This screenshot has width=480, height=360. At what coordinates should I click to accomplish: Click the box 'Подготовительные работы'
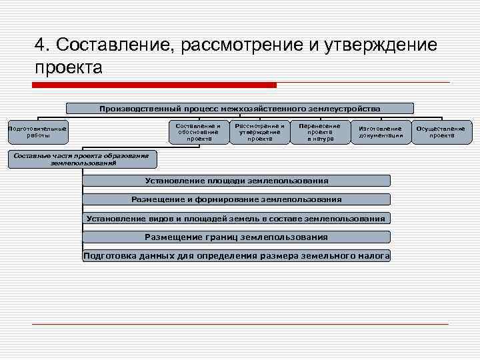coord(37,132)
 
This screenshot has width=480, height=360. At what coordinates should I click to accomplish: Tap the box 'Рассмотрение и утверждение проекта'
coord(259,132)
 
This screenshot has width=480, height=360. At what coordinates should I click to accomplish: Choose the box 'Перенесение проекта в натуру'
coord(320,132)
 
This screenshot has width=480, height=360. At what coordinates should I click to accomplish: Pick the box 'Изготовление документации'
coord(381,132)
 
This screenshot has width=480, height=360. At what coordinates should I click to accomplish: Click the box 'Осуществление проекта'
coord(441,132)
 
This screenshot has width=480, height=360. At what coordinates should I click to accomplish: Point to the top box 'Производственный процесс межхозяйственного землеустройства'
coord(240,108)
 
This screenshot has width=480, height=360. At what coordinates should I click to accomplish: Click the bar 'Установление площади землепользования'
coord(237,181)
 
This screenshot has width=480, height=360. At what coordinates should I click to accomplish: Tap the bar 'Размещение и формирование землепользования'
coord(237,199)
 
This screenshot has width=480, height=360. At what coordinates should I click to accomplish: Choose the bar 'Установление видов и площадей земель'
coord(237,219)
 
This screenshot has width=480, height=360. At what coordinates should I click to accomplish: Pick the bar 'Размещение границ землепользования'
coord(237,237)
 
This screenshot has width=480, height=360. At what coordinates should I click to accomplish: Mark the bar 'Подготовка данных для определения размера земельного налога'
coord(237,256)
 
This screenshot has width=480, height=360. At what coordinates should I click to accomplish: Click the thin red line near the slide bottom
coord(240,324)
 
